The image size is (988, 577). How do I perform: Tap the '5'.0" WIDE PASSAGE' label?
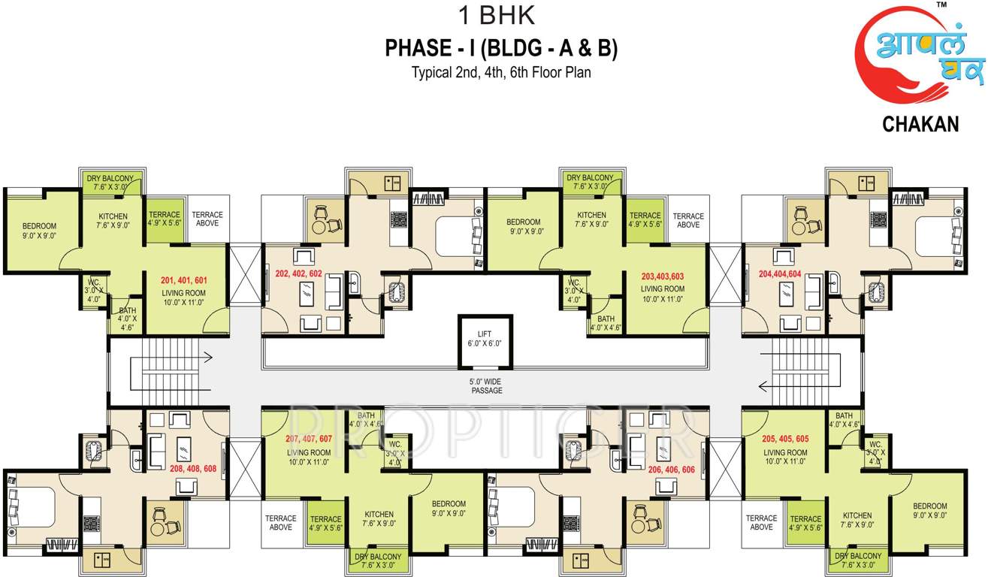point(487,386)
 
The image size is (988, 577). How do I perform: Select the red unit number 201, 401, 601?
point(183,280)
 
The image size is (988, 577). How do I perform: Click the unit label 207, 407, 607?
point(309,439)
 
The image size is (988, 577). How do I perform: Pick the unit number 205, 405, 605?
point(785,440)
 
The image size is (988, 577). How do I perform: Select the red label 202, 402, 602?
point(298,274)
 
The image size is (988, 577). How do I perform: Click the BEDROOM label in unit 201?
point(39,231)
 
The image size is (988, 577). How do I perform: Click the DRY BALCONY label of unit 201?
point(110,183)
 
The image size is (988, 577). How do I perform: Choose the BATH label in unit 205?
point(844,420)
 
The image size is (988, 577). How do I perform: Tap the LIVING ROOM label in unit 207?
point(309,457)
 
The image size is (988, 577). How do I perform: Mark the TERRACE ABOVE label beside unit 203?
point(687,220)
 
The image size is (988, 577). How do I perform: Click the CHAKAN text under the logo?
point(920,125)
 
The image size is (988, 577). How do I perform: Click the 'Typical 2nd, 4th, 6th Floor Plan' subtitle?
point(501,74)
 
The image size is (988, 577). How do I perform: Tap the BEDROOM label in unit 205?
point(930,511)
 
